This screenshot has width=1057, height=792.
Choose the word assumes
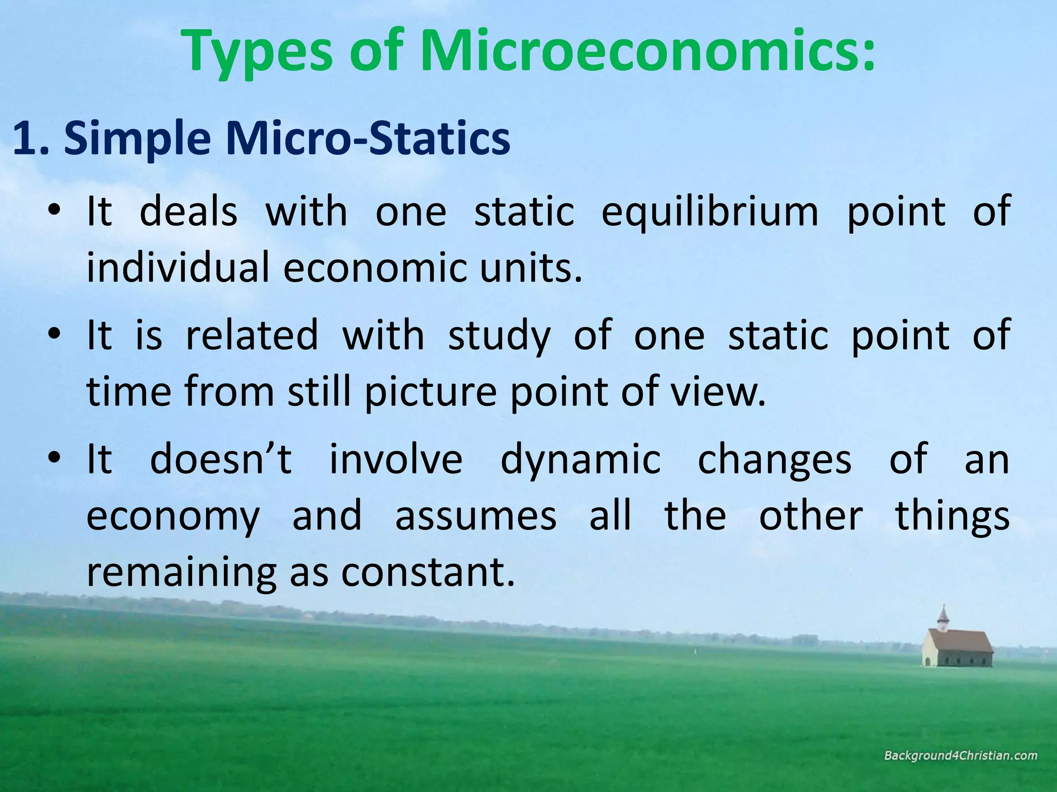click(x=475, y=516)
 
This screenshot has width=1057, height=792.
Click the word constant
click(x=428, y=572)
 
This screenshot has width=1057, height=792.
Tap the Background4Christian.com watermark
click(x=960, y=756)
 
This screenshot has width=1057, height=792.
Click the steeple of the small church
click(x=943, y=616)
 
